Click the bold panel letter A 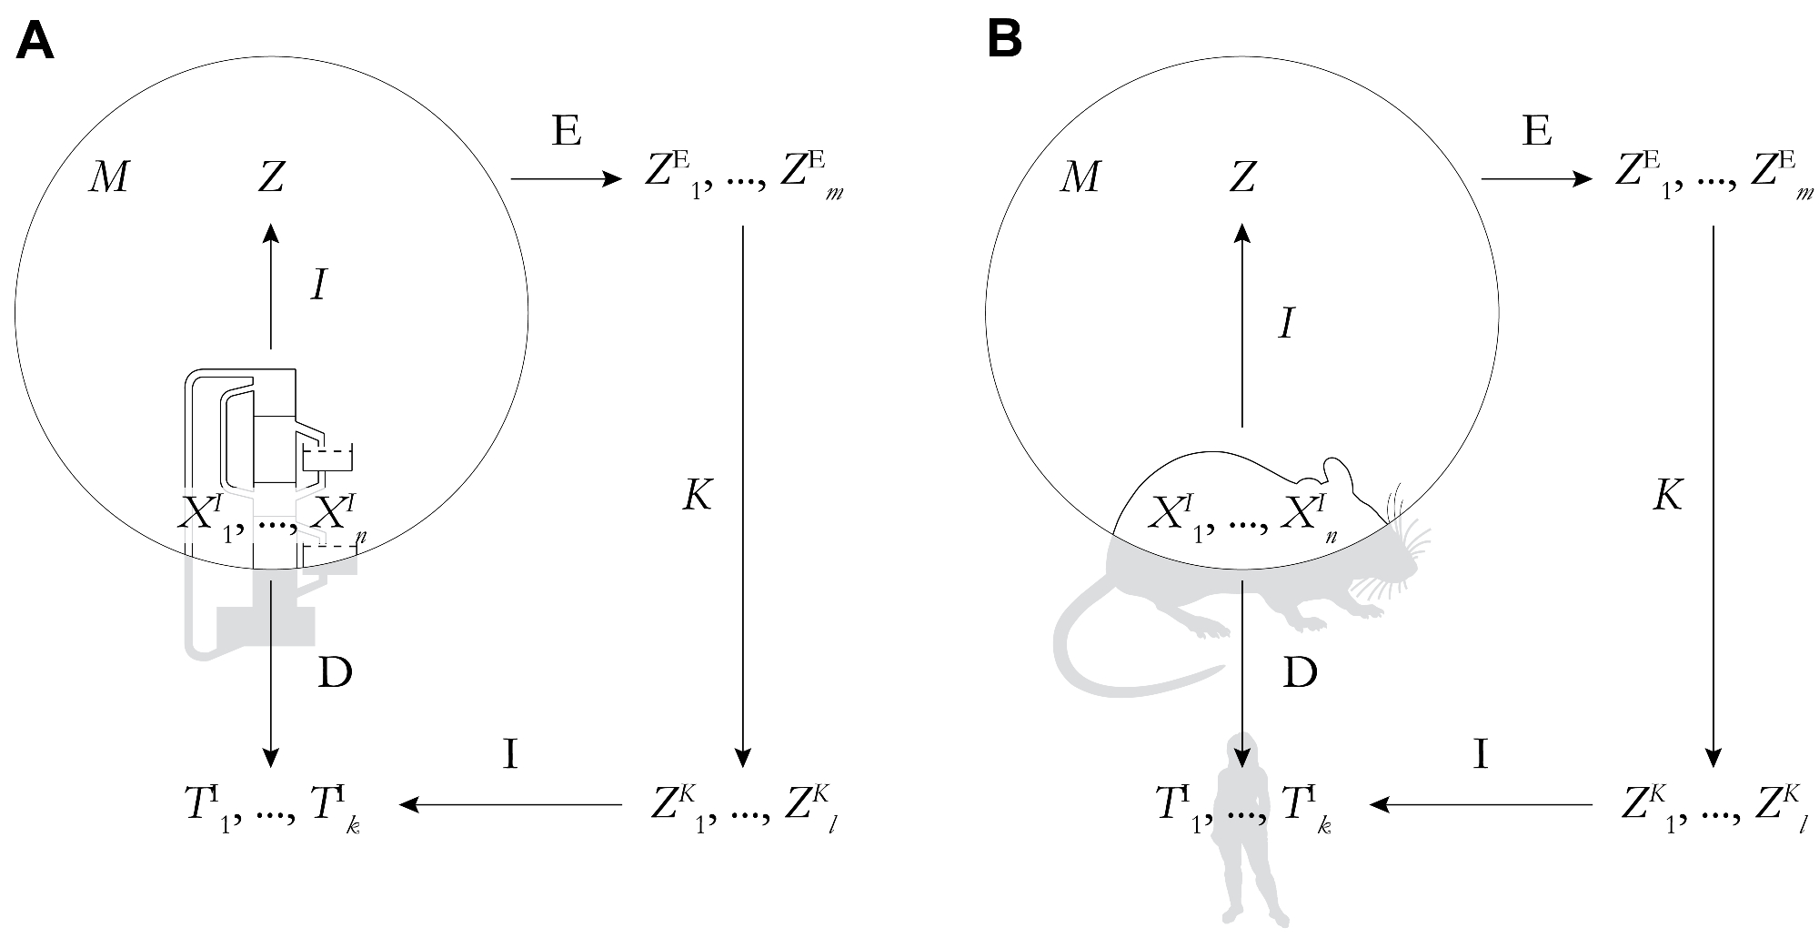pyautogui.click(x=35, y=41)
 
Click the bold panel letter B pyautogui.click(x=1005, y=41)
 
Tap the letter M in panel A pyautogui.click(x=107, y=178)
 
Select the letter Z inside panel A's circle pyautogui.click(x=271, y=178)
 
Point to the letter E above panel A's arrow pyautogui.click(x=566, y=133)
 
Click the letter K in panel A pyautogui.click(x=697, y=497)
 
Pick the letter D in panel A pyautogui.click(x=335, y=673)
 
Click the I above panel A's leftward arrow pyautogui.click(x=511, y=755)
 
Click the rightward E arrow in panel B pyautogui.click(x=1537, y=179)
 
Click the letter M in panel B pyautogui.click(x=1080, y=178)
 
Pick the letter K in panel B pyautogui.click(x=1667, y=497)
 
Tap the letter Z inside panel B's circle pyautogui.click(x=1242, y=178)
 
